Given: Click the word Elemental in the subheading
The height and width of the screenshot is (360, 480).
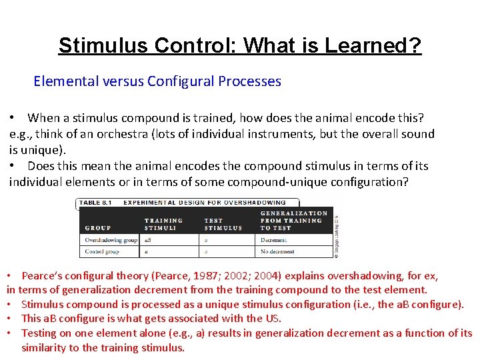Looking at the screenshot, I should [65, 81].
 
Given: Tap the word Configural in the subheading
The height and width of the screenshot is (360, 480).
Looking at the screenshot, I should [178, 81].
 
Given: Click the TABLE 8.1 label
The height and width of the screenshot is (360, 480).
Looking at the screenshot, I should [99, 202].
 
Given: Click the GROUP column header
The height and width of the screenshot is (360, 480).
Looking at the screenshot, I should [98, 227].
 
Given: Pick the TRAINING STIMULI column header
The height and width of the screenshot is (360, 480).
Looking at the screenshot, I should [163, 224].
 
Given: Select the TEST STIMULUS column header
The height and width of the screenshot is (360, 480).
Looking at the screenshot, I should [223, 224].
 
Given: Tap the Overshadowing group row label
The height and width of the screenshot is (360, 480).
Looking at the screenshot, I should [111, 240].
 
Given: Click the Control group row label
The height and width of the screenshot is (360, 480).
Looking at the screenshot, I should [102, 252].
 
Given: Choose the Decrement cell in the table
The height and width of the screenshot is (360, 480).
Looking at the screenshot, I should [274, 240].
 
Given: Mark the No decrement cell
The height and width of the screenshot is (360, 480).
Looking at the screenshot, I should [279, 252].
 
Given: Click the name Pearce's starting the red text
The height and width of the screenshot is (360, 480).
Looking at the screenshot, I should [43, 275].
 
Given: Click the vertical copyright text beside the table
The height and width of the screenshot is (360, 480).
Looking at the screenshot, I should [336, 230].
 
